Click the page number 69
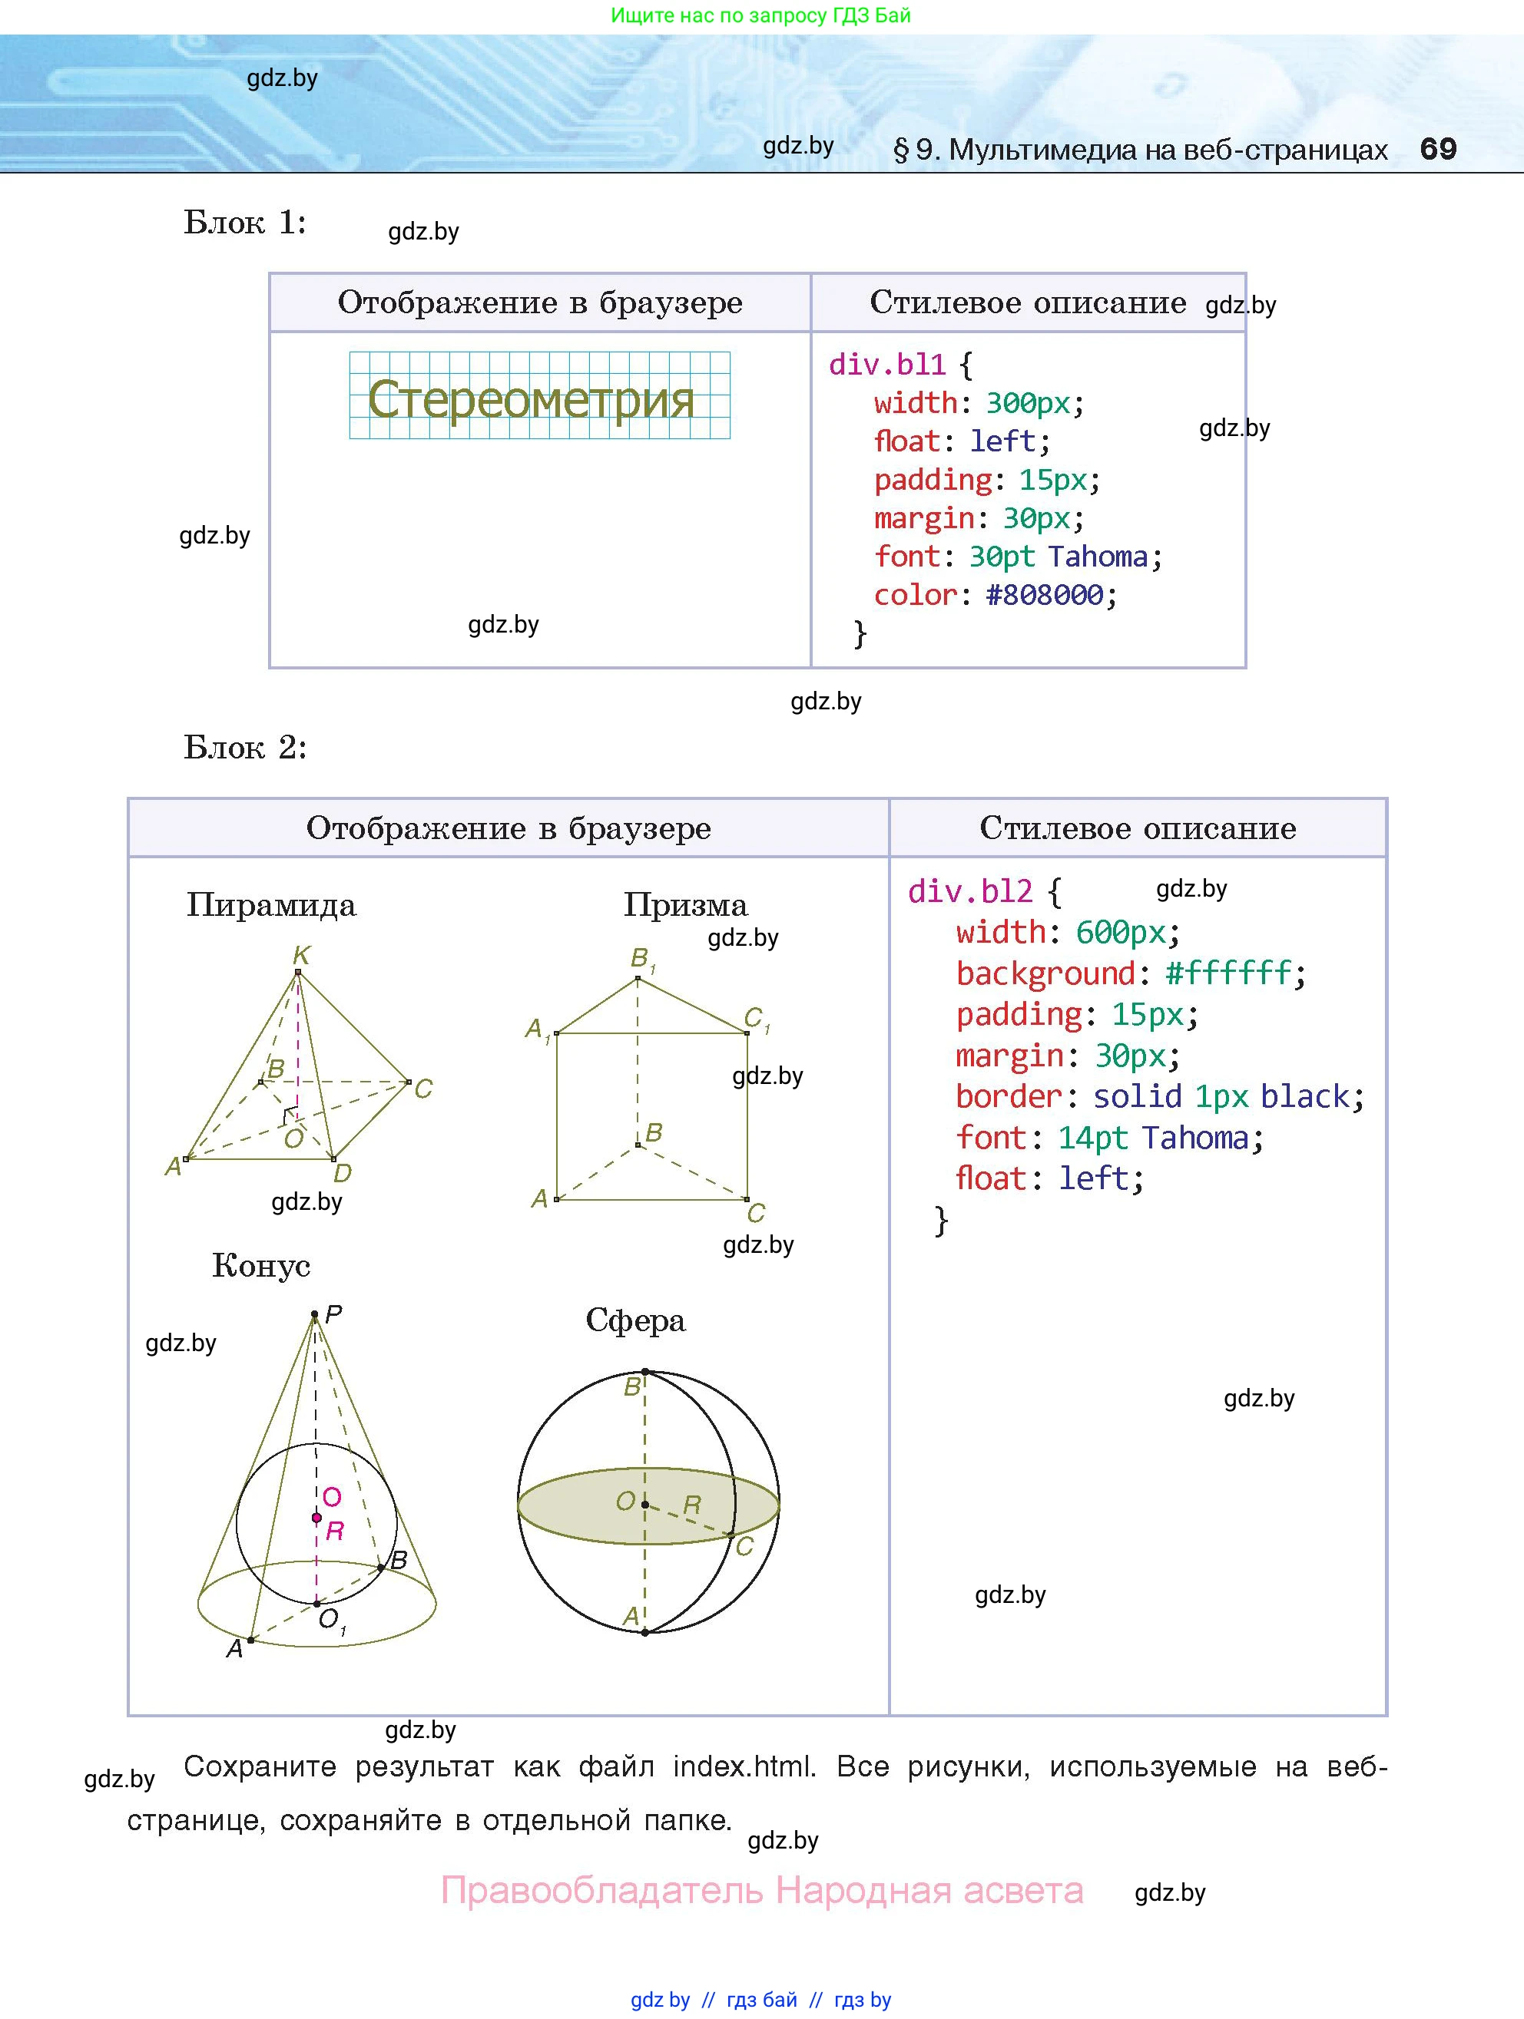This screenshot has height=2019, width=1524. click(1437, 149)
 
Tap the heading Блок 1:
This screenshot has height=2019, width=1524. click(245, 223)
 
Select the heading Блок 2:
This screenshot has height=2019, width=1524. click(245, 748)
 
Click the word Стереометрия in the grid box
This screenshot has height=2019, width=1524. click(531, 399)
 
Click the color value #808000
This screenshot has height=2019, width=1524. click(1044, 595)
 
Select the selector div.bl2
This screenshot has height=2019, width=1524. click(969, 891)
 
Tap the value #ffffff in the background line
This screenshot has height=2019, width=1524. click(1228, 973)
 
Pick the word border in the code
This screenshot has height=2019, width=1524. click(1008, 1096)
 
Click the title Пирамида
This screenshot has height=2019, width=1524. click(271, 905)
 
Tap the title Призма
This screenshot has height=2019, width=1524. click(685, 905)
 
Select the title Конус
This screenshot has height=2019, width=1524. click(261, 1266)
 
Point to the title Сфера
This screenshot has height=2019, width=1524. click(635, 1320)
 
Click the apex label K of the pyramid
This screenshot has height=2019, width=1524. click(301, 955)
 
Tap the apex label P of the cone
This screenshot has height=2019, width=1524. click(333, 1314)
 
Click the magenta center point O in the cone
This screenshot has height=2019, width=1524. click(316, 1518)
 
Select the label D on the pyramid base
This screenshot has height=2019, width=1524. click(343, 1173)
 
